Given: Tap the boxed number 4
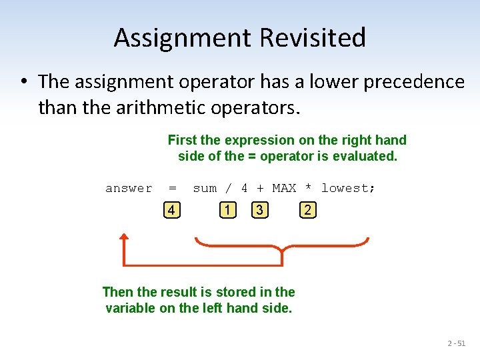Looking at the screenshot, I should click(x=172, y=211).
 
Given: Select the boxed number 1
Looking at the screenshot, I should click(x=228, y=211).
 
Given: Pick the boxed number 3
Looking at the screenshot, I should click(x=259, y=211).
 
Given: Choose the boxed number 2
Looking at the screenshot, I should click(x=307, y=211).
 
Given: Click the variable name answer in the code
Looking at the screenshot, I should click(x=129, y=189).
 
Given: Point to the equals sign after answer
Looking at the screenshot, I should click(x=173, y=189).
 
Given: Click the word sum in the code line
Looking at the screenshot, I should click(x=205, y=189).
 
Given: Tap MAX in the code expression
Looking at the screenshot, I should click(x=284, y=189).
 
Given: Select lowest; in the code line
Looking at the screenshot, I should click(x=348, y=189).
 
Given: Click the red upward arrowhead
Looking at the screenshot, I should click(x=124, y=239).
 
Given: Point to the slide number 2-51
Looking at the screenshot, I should click(x=457, y=343).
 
